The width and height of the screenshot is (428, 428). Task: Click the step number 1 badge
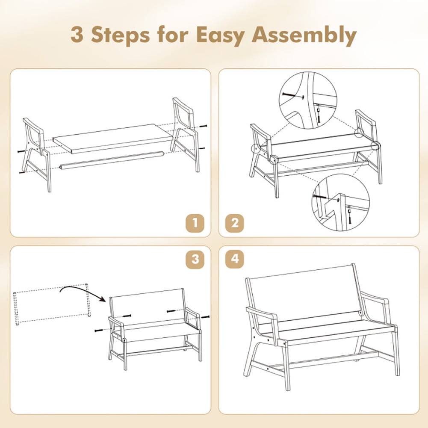[x=195, y=223]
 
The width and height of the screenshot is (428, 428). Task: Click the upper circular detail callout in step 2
[x=308, y=100]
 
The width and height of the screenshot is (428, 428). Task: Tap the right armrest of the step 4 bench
[x=376, y=301]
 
